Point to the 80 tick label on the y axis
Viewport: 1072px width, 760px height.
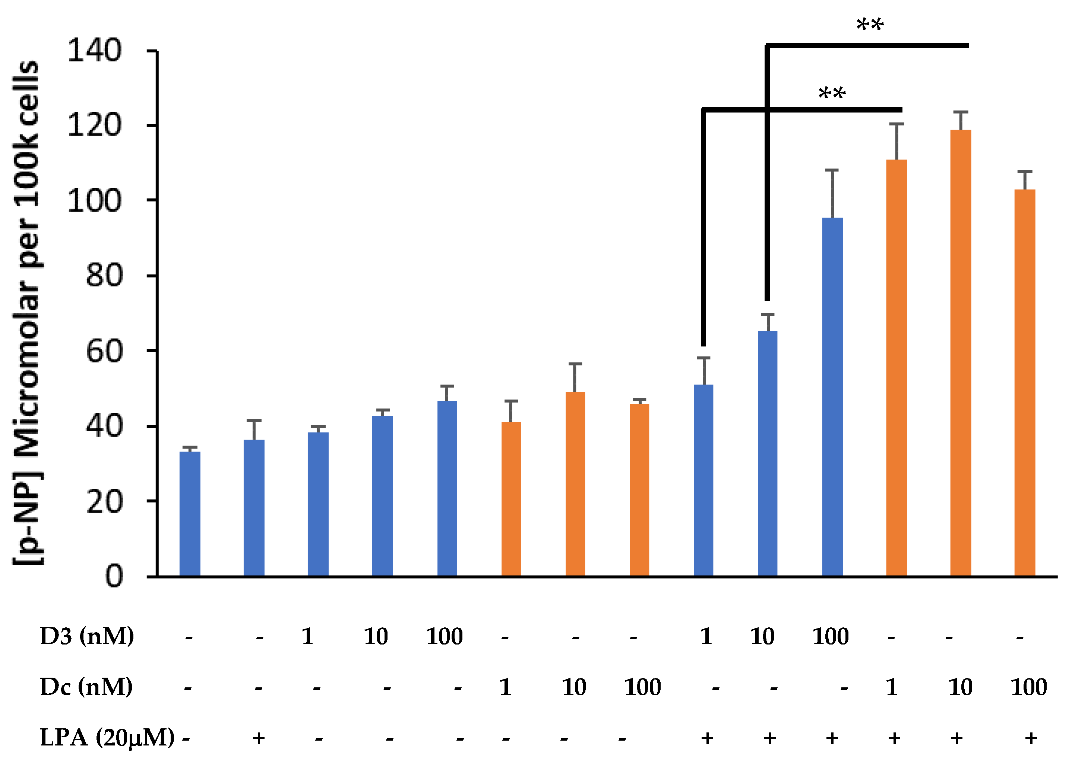click(x=104, y=276)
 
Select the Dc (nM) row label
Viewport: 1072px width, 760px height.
click(x=86, y=687)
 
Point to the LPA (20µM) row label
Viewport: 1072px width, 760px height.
click(x=107, y=738)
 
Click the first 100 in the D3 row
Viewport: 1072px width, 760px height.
click(x=444, y=636)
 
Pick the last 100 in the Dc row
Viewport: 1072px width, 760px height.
click(x=1028, y=687)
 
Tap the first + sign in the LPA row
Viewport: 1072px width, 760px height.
click(x=259, y=738)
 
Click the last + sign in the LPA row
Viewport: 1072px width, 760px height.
click(x=1031, y=738)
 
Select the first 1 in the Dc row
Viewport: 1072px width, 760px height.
click(x=505, y=687)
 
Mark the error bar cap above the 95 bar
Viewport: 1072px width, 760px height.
click(x=832, y=170)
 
